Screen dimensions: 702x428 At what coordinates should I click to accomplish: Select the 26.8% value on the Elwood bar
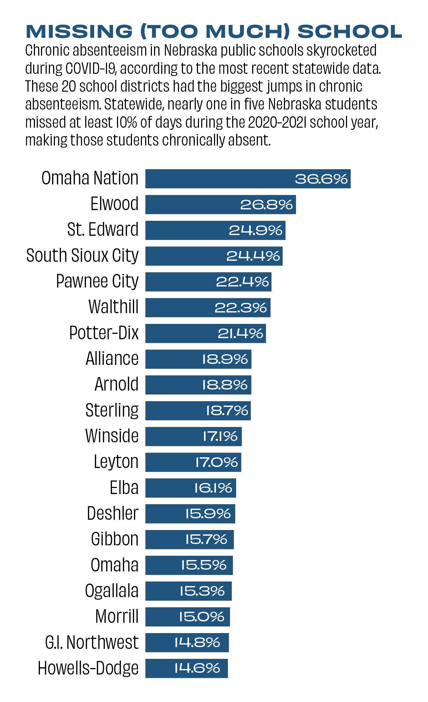266,205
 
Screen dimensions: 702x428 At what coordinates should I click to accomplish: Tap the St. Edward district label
103,230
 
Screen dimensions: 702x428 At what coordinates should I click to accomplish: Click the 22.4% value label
242,282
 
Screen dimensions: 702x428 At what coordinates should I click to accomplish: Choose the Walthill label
113,307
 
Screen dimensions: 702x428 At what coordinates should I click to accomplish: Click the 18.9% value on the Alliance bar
225,359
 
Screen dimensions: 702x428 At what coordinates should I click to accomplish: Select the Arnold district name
116,385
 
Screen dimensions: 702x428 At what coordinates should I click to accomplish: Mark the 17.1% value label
220,436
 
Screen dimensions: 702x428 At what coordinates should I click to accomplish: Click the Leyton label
116,462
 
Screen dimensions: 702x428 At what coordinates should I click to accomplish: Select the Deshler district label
112,514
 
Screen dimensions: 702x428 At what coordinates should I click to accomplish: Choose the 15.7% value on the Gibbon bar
206,539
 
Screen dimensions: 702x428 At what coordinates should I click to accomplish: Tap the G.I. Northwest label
92,642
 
